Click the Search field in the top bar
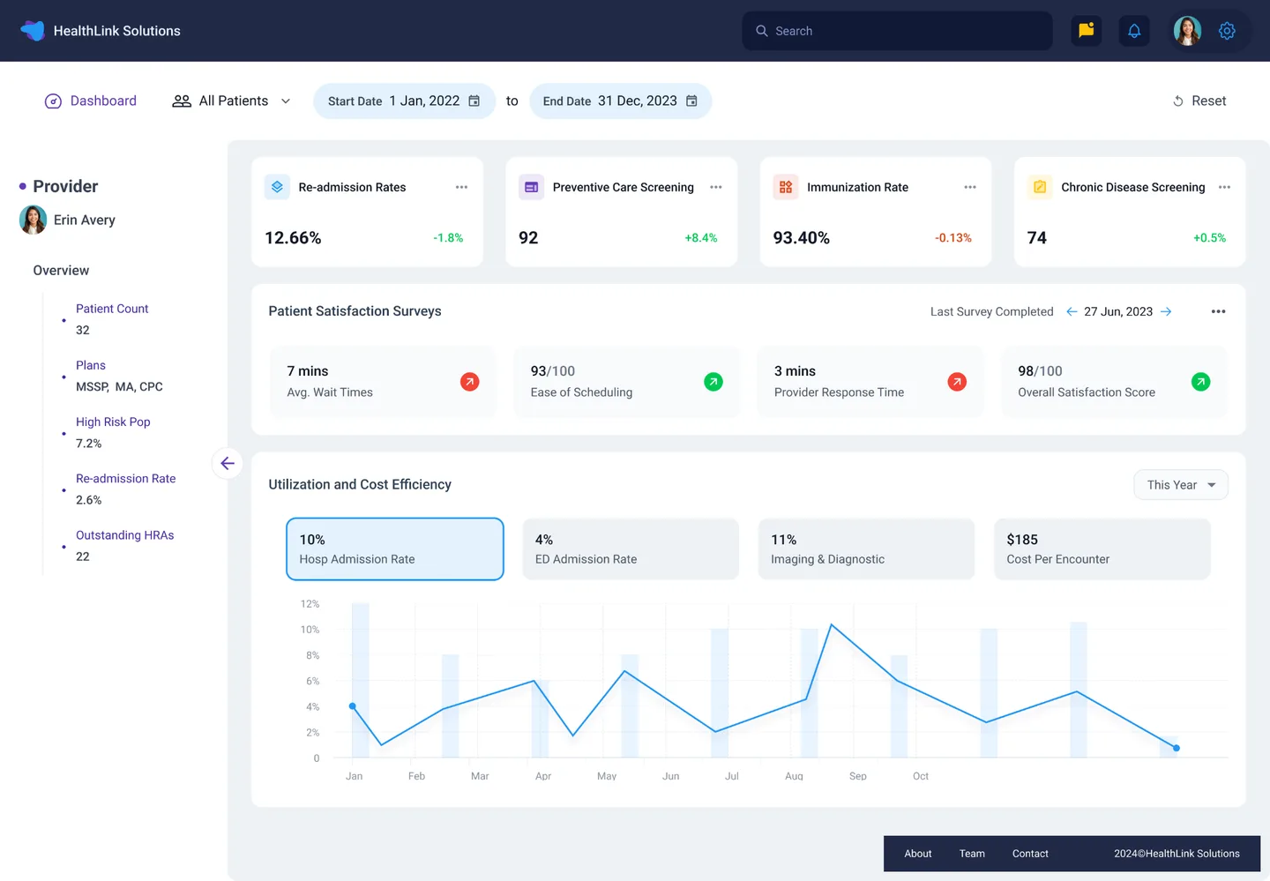[x=896, y=31]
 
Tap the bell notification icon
[x=1134, y=31]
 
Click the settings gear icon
[x=1227, y=31]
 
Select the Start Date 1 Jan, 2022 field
[x=404, y=101]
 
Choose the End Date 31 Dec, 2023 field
[x=620, y=101]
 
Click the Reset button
[x=1199, y=101]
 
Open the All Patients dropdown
[x=232, y=101]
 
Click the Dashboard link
[x=91, y=101]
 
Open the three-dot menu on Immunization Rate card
[x=970, y=187]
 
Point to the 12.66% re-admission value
[x=293, y=238]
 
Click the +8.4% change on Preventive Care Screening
[x=700, y=238]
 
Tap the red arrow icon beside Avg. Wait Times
[x=470, y=382]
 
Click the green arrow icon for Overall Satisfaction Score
[x=1200, y=382]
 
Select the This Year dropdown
[x=1180, y=485]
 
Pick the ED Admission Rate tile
[x=631, y=549]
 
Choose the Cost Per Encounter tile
[x=1102, y=549]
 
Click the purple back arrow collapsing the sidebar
[x=228, y=463]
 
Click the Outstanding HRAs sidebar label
[x=124, y=535]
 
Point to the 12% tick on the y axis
[x=310, y=604]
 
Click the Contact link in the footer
[x=1030, y=854]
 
